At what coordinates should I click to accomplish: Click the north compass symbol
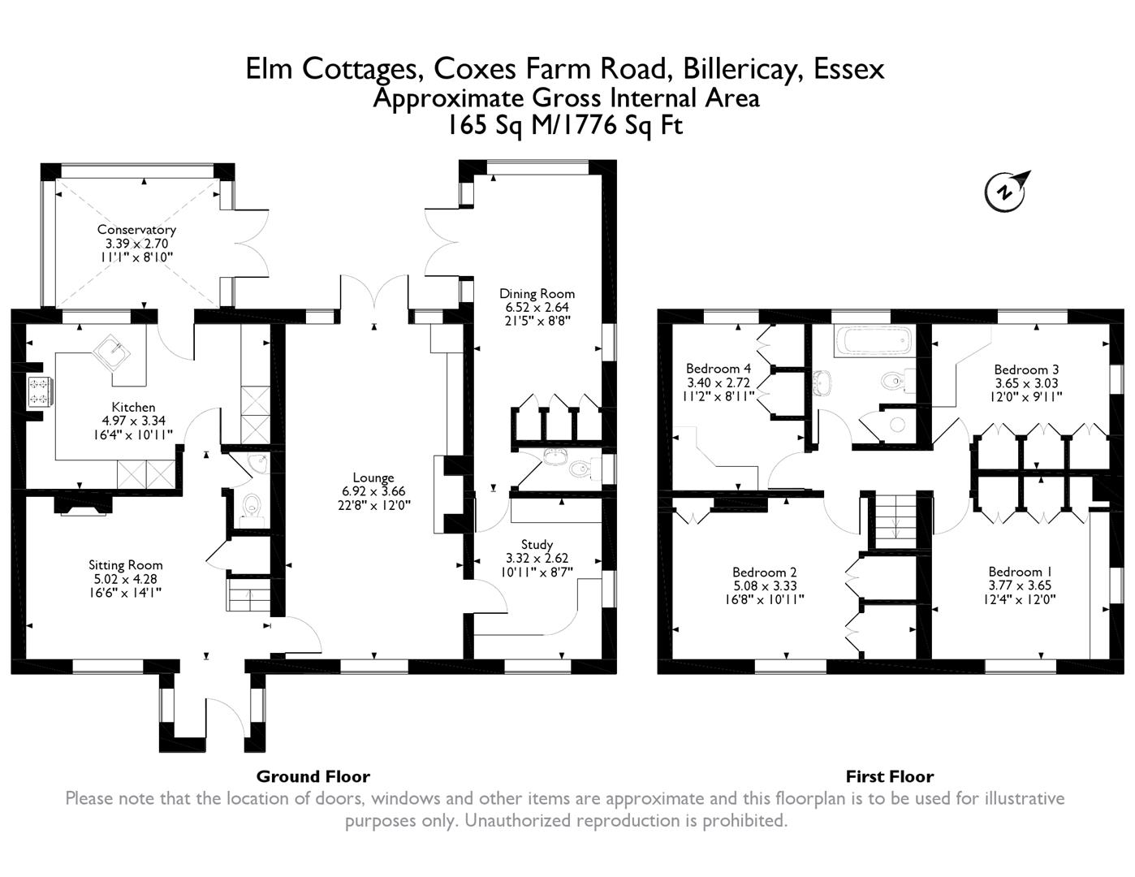click(1005, 192)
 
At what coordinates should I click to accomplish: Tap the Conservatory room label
click(136, 230)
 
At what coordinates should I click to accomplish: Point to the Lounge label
click(373, 477)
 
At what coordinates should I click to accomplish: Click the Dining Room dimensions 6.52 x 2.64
click(537, 307)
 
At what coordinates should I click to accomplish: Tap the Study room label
click(537, 544)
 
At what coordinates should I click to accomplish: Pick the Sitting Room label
click(126, 565)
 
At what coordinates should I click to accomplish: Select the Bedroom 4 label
click(719, 369)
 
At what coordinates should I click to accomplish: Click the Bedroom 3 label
click(1026, 369)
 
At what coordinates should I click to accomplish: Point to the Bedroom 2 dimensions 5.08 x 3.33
click(764, 586)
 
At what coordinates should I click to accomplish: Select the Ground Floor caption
click(313, 776)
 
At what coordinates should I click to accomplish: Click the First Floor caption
click(890, 776)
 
